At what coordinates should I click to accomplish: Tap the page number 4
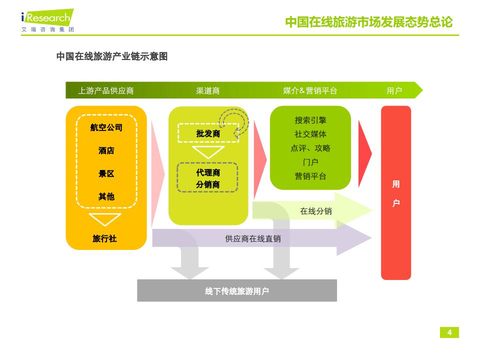[x=449, y=333]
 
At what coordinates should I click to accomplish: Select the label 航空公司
[x=106, y=127]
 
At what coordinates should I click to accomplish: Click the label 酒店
[x=106, y=150]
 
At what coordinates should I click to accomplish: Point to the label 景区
[x=106, y=173]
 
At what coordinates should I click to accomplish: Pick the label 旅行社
[x=104, y=238]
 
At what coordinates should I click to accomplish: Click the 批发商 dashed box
[x=207, y=133]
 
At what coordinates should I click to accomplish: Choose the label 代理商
[x=207, y=172]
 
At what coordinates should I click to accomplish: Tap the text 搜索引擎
[x=310, y=120]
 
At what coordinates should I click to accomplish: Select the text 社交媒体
[x=310, y=134]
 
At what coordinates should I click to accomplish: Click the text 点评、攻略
[x=310, y=148]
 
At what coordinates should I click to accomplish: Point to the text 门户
[x=310, y=162]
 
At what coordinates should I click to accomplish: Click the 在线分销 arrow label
[x=315, y=211]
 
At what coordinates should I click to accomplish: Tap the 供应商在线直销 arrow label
[x=252, y=238]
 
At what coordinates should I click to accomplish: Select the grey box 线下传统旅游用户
[x=237, y=291]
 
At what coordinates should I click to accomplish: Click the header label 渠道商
[x=207, y=90]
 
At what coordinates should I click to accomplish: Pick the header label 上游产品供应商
[x=106, y=90]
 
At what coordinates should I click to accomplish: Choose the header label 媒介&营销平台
[x=310, y=90]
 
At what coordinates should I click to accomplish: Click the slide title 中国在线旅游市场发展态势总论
[x=368, y=22]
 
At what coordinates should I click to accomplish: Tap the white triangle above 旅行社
[x=104, y=219]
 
